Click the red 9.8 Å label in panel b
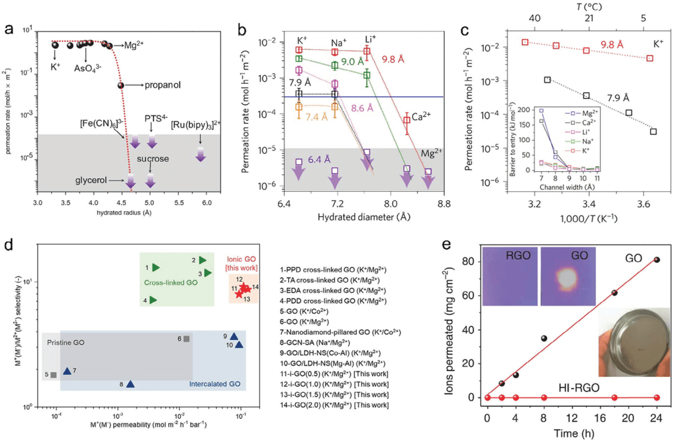click(396, 61)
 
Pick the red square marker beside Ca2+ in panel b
click(407, 120)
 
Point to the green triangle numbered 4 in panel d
click(153, 300)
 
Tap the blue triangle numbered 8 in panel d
click(130, 384)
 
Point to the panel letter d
click(9, 244)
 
